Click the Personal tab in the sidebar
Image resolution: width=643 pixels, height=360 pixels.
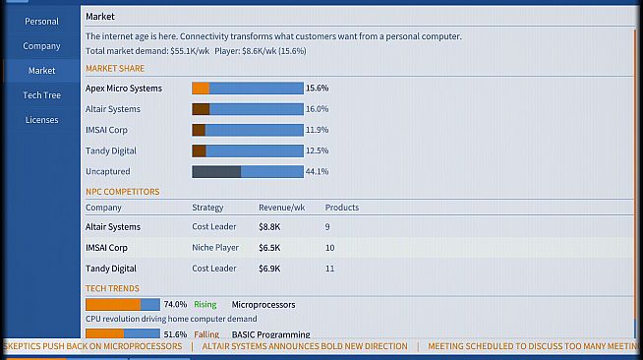[x=41, y=22]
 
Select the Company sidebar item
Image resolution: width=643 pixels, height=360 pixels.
[x=41, y=46]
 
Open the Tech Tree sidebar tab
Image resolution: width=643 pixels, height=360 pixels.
[x=41, y=95]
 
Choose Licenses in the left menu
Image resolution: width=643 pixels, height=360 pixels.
[x=41, y=120]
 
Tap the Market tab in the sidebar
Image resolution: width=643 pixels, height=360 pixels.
[x=41, y=71]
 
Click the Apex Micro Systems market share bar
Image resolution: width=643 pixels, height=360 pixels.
[x=248, y=89]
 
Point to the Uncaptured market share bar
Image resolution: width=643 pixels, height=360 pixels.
[x=248, y=171]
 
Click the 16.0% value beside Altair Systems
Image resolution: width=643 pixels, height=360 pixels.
[x=317, y=109]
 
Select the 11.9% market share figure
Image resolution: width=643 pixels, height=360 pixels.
[x=317, y=130]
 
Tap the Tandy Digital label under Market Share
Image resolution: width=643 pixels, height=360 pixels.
[x=111, y=150]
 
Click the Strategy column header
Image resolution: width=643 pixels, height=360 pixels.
[x=207, y=208]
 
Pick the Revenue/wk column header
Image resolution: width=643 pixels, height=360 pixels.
[x=282, y=208]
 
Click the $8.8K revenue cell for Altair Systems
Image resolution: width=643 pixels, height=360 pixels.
[x=269, y=227]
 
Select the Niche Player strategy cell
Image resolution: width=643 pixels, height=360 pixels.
[x=215, y=248]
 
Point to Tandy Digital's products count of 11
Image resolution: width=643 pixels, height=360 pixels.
[x=329, y=269]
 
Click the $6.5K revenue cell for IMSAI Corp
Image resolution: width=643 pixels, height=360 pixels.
[x=269, y=248]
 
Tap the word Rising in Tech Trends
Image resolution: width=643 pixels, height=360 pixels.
[x=205, y=305]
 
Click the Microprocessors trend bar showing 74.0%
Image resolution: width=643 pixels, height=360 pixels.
[x=123, y=304]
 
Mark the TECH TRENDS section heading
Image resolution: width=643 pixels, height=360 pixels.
[x=112, y=288]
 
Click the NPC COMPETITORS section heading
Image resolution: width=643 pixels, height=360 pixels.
[x=122, y=192]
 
